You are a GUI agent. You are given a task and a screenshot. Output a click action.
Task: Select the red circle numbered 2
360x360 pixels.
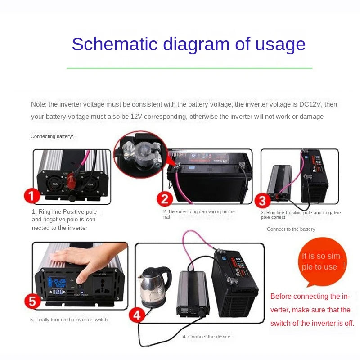pos(165,199)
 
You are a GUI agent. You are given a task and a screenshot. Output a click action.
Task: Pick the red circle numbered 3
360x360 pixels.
pos(262,201)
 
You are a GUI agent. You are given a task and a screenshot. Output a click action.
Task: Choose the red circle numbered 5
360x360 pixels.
pos(32,301)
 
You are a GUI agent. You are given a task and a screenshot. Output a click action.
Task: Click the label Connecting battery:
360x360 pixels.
pos(52,136)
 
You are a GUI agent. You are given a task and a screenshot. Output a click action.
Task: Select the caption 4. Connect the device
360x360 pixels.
pos(206,337)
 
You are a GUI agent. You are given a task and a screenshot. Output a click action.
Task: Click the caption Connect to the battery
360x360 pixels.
pos(291,229)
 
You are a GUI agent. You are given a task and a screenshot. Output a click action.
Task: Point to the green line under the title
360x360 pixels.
pos(189,68)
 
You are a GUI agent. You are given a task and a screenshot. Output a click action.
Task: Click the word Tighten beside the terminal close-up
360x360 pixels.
pos(176,154)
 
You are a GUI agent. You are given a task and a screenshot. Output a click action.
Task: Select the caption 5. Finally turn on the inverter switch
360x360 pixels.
pos(69,319)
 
